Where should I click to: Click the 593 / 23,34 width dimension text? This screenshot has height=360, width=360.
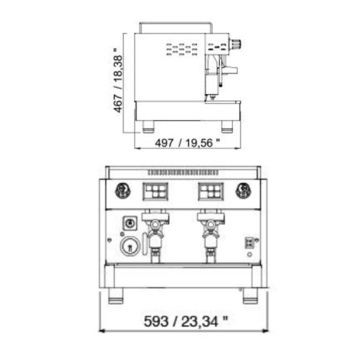tap(186, 321)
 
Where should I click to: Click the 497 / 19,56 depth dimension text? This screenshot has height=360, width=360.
tap(187, 143)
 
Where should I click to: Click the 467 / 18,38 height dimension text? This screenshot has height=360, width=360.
tap(118, 80)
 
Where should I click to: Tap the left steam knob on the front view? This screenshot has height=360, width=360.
tap(123, 191)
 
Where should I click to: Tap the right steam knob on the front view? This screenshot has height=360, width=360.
tap(243, 191)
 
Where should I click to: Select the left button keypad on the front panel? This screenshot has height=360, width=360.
tap(155, 192)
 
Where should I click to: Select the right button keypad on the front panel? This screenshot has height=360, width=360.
tap(211, 192)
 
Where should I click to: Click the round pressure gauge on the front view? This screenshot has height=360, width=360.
tap(130, 246)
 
